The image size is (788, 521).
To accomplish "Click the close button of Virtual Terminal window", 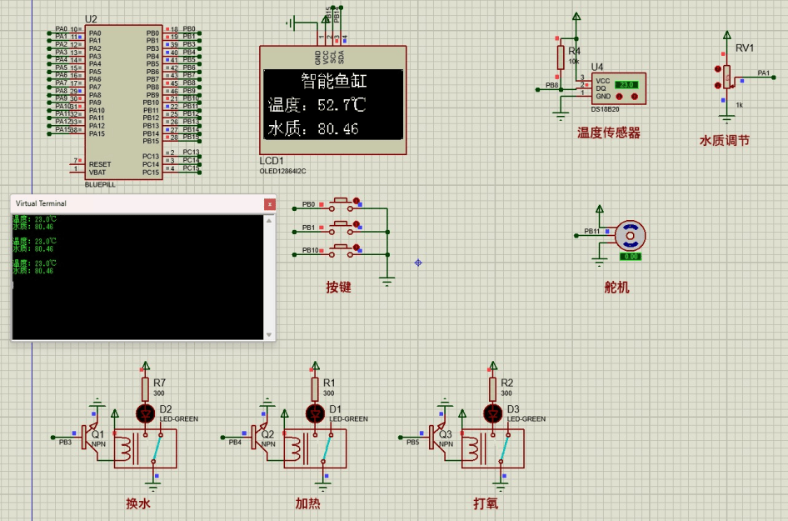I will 269,203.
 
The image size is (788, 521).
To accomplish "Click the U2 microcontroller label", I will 91,18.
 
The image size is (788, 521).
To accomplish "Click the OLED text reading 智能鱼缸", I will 333,82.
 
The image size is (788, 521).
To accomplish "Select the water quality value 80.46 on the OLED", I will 338,129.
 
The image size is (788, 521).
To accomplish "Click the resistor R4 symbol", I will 561,57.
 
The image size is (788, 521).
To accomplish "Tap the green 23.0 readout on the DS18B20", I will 625,85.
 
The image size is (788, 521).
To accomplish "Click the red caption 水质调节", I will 724,141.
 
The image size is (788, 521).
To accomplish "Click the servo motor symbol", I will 631,237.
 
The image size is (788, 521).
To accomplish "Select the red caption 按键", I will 338,288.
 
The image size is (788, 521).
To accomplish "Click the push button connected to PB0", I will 340,203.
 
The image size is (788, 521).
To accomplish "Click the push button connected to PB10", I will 340,248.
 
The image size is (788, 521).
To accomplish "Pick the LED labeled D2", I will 146,413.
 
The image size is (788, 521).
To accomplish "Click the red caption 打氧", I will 486,503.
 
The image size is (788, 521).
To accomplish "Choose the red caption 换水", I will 138,503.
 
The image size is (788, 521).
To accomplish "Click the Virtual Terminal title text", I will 41,203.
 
